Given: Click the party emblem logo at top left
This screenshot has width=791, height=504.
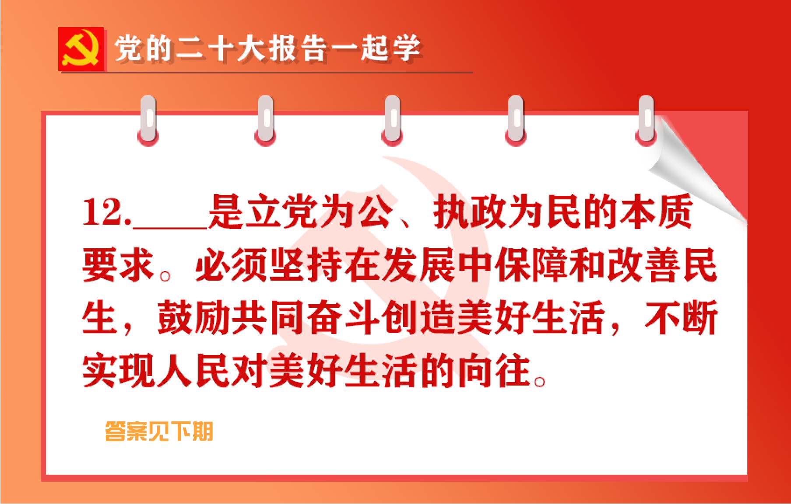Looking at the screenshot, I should [81, 49].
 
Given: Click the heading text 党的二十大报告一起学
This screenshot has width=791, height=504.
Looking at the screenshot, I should [267, 48].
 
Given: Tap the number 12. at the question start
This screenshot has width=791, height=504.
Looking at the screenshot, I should [106, 213].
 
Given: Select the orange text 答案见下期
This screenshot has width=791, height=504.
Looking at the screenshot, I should [159, 431].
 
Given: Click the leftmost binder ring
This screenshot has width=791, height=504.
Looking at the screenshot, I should [148, 120].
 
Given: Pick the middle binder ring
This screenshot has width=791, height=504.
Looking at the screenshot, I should [392, 120].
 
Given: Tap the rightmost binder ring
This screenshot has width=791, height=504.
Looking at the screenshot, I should [646, 120].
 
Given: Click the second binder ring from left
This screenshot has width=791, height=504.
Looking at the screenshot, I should [266, 120].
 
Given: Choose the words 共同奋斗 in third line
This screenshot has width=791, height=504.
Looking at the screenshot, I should [306, 318].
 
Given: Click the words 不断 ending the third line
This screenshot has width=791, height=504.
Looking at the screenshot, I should [681, 318].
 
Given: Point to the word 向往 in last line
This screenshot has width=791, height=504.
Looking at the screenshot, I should [495, 371].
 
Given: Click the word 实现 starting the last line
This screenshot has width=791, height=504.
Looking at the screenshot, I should [118, 371].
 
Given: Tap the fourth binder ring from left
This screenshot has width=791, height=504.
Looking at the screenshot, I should [516, 120].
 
